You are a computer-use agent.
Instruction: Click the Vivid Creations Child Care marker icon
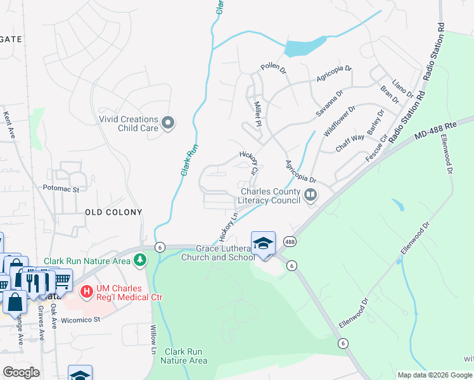(x=168, y=123)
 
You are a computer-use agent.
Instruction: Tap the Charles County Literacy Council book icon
(x=311, y=196)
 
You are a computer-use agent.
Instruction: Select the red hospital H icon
(x=87, y=292)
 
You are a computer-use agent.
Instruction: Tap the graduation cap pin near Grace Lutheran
(x=263, y=243)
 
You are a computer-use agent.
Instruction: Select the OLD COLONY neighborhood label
(x=113, y=212)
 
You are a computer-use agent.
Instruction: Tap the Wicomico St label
(x=80, y=320)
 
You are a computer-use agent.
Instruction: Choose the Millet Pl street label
(x=257, y=113)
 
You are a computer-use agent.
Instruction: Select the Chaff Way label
(x=350, y=142)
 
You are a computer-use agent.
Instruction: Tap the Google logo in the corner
(x=21, y=372)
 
